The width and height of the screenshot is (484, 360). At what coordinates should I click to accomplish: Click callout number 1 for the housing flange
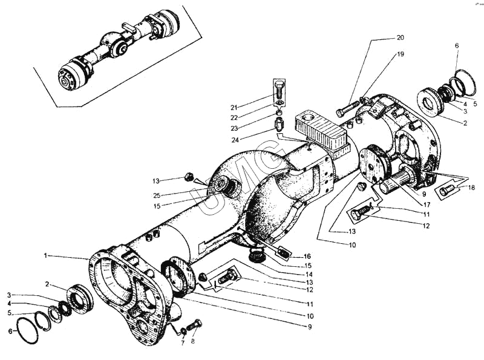[x=45, y=256]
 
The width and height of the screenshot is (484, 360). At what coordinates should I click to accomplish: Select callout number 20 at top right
[x=400, y=38]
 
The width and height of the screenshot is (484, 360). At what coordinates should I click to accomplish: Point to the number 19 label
[x=400, y=54]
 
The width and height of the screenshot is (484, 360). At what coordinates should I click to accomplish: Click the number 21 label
[x=234, y=107]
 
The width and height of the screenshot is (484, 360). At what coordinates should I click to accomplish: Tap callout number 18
[x=471, y=188]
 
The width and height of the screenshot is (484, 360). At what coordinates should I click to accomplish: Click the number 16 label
[x=307, y=256]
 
